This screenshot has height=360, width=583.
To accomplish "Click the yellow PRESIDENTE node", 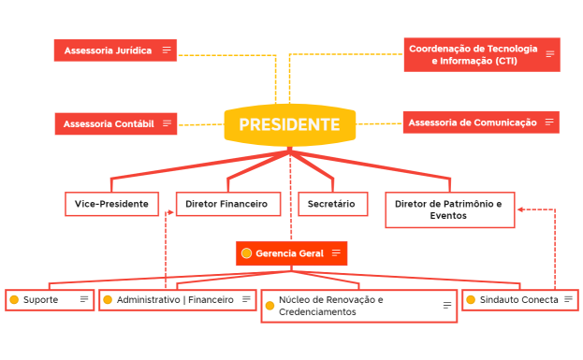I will coord(289,124).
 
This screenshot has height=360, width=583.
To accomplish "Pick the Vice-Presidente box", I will coord(112,204).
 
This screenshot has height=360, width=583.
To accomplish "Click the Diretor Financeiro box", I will coord(228,204).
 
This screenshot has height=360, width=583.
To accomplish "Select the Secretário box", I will coord(332,204).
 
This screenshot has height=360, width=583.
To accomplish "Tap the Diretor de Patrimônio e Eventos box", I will coord(449,209).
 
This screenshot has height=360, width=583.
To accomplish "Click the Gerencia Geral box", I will coord(291,253).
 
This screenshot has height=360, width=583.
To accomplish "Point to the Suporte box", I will coord(50,300).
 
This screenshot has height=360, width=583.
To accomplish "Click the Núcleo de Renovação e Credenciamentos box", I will coord(358,306).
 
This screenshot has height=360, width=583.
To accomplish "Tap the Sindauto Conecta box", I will coord(518,300).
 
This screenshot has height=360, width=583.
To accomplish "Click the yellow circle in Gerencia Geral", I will coord(246,253).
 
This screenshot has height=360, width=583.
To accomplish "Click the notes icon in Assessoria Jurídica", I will coord(167,50).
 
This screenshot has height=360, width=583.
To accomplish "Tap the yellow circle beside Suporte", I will coord(14,300).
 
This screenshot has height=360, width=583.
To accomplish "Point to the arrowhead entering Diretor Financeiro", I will coord(169,212).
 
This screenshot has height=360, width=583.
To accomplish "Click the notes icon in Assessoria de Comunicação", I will coord(549,122).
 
